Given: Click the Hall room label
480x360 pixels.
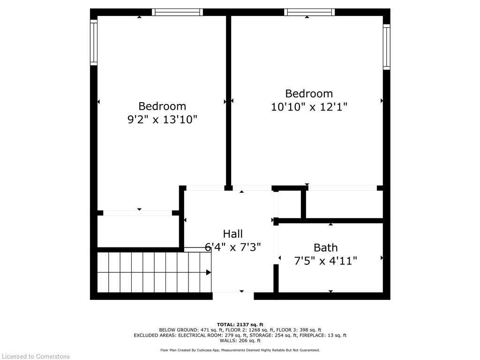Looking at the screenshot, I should (x=233, y=233).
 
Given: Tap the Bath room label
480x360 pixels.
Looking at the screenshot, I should (x=325, y=247).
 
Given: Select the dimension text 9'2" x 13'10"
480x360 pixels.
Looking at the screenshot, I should (x=162, y=120).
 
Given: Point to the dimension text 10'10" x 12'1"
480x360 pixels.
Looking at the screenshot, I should (x=309, y=107).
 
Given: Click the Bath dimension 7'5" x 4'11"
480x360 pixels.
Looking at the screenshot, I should (x=325, y=261).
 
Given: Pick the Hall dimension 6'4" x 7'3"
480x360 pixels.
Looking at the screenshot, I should (x=233, y=247).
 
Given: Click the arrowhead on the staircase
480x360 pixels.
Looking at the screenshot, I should (x=209, y=272).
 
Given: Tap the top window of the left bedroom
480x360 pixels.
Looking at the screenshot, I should (x=178, y=12).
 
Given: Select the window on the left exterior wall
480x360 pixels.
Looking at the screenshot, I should (x=94, y=43).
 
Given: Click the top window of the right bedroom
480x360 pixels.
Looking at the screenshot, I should (x=309, y=12).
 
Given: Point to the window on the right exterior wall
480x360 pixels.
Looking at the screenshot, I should (x=387, y=47).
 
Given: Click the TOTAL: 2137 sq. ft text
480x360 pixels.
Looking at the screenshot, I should (x=240, y=324).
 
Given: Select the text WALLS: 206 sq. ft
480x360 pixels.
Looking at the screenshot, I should (x=240, y=341).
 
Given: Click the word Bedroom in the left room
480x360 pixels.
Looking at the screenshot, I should (x=162, y=106).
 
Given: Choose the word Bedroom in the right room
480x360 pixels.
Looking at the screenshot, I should (x=309, y=93).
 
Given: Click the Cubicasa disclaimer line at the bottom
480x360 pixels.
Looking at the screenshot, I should (x=240, y=350).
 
